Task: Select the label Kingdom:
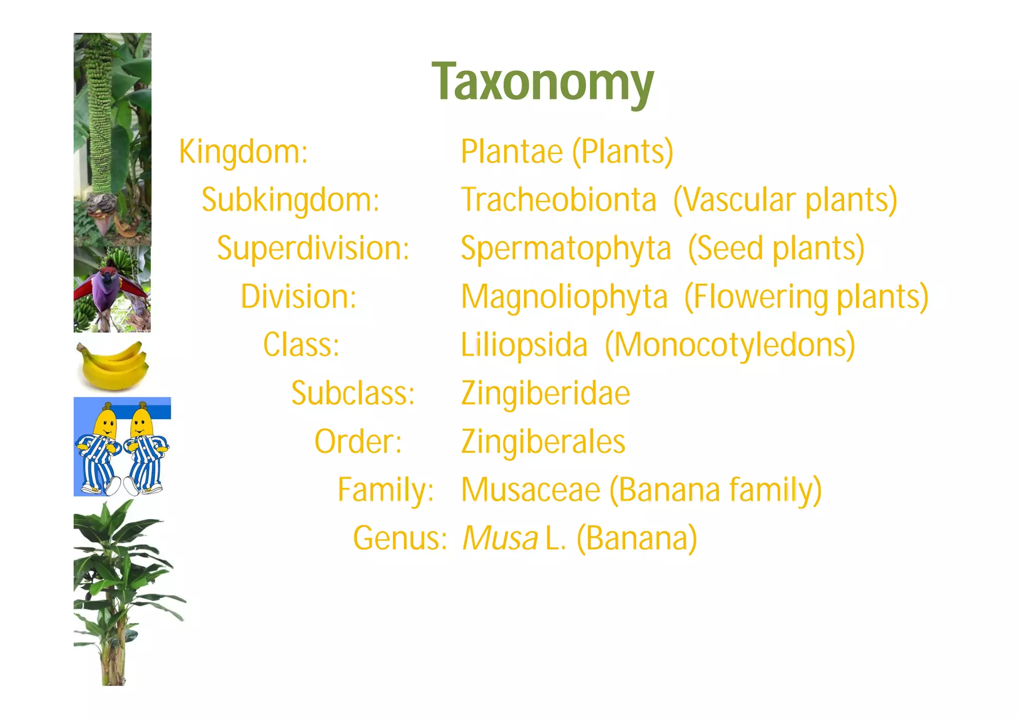click(x=243, y=152)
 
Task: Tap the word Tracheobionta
click(x=559, y=200)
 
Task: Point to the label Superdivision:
click(x=313, y=248)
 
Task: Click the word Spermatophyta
click(x=566, y=248)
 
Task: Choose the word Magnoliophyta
click(x=564, y=297)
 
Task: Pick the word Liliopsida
click(x=524, y=345)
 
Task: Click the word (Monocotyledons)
click(x=730, y=345)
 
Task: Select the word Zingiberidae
click(x=545, y=394)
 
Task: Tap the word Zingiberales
click(x=543, y=442)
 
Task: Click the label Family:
click(x=386, y=490)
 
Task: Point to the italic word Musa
click(x=500, y=538)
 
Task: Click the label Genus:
click(x=400, y=538)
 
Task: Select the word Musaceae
click(x=531, y=490)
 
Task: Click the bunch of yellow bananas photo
click(x=113, y=365)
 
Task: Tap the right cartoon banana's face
click(x=141, y=422)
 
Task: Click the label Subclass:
click(x=353, y=394)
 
